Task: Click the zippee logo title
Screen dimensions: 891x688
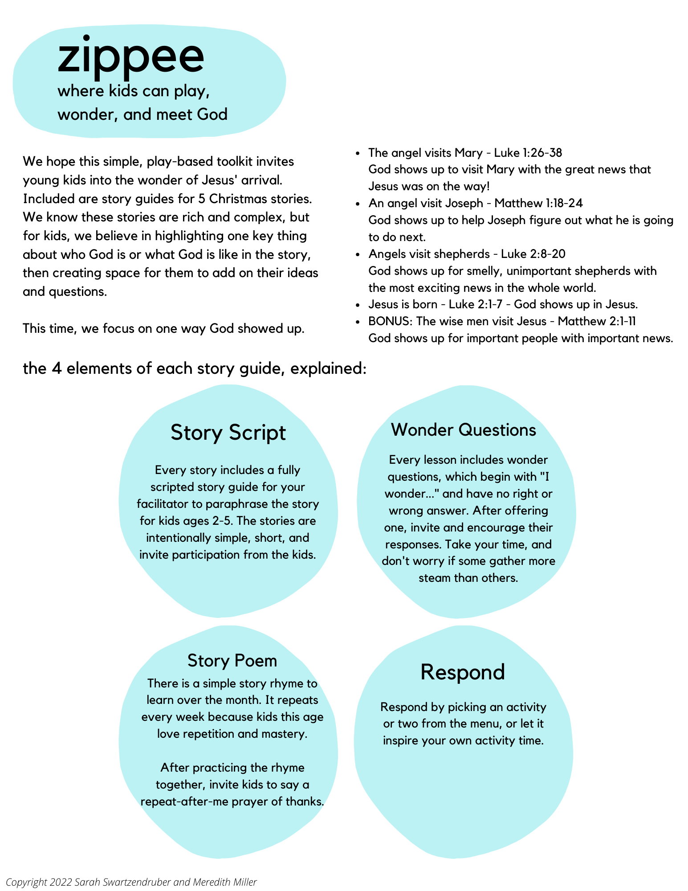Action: coord(131,57)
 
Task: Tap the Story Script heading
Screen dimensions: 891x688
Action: coord(228,433)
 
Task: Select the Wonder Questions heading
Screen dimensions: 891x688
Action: coord(464,430)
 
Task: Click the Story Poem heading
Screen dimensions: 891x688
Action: coord(232,660)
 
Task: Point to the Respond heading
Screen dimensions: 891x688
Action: coord(463,672)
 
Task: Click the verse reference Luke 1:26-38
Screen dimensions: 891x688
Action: coord(528,153)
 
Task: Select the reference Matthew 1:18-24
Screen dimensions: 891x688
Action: coord(538,204)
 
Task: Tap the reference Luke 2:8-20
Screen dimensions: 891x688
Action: coord(533,254)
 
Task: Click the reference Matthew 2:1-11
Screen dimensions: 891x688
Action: coord(597,321)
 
